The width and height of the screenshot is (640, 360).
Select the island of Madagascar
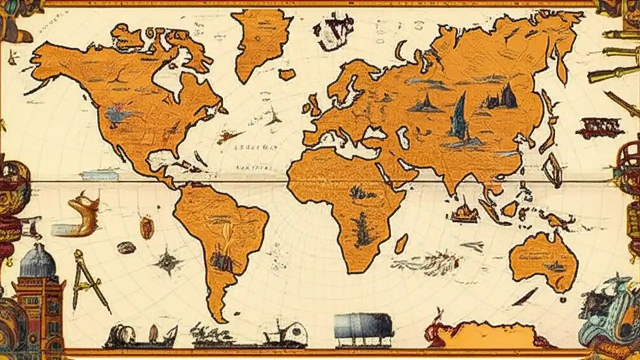pos(400,244)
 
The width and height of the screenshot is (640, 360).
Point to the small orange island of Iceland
pos(287,74)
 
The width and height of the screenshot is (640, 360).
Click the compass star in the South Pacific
pos(168,261)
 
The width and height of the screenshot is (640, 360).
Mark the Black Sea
pos(374,133)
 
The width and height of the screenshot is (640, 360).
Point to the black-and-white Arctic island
pos(333,30)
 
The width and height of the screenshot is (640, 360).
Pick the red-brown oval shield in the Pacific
pos(146,228)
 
